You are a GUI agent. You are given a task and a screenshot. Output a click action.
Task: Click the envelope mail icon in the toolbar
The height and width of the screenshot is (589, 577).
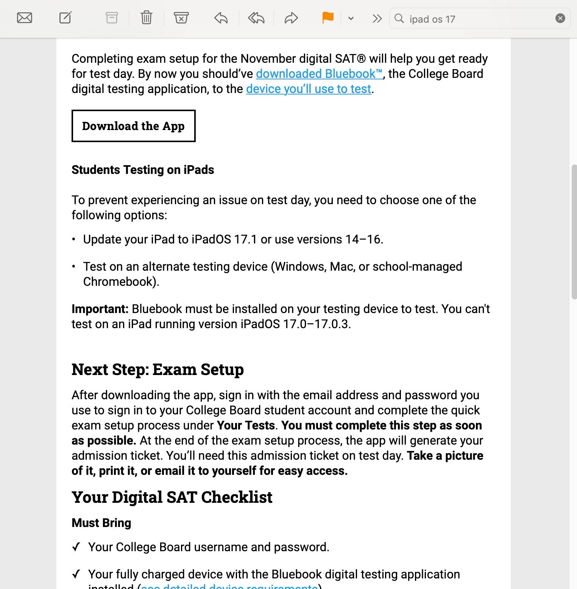click(x=25, y=18)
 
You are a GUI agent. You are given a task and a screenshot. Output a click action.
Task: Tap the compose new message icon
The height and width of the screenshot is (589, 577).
click(x=65, y=18)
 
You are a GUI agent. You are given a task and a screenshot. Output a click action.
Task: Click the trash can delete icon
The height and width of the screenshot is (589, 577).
click(x=147, y=18)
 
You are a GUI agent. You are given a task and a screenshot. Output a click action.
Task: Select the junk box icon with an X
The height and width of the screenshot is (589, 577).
click(x=181, y=18)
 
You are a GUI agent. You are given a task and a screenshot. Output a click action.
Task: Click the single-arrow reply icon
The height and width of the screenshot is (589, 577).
click(x=221, y=18)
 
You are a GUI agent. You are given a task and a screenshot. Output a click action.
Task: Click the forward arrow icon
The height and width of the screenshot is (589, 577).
click(x=291, y=18)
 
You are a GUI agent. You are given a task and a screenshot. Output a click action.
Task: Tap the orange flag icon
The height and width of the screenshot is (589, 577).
click(x=328, y=18)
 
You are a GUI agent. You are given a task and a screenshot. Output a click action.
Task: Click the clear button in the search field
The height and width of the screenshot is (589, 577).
click(x=560, y=18)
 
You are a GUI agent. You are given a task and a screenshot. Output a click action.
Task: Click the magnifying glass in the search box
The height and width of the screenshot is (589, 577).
click(x=399, y=18)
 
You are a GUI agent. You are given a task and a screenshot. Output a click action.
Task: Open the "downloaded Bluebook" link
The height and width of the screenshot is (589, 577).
click(x=319, y=74)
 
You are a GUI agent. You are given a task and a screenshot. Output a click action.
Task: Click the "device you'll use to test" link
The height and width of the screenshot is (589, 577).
click(x=309, y=89)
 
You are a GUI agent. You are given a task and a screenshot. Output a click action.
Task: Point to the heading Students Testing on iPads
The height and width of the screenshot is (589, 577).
click(x=143, y=170)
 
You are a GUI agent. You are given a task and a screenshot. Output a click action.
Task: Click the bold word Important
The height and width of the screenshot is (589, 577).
click(x=100, y=309)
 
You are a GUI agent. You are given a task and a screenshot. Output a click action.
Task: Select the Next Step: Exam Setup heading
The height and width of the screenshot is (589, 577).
click(x=158, y=369)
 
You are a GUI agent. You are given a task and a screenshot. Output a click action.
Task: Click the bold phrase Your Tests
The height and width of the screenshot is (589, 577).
click(x=246, y=425)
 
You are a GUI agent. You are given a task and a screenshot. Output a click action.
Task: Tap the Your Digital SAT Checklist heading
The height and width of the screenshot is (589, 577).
click(x=172, y=497)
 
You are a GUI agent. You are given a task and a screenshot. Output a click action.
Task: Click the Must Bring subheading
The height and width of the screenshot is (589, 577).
click(x=101, y=523)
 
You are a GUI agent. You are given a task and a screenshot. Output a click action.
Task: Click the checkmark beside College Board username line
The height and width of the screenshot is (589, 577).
click(x=76, y=547)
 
